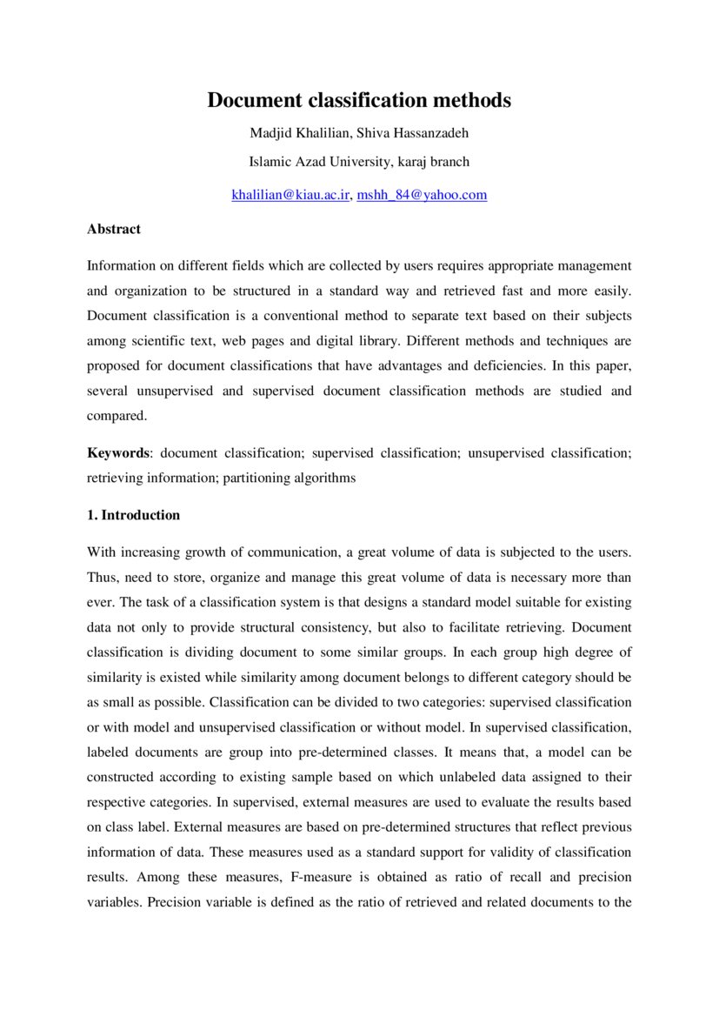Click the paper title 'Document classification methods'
pos(359,101)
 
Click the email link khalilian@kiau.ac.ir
pos(290,195)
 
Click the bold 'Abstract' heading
pos(114,229)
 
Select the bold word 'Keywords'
pos(118,453)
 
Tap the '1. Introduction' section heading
pos(134,515)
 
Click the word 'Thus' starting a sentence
pos(101,578)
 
